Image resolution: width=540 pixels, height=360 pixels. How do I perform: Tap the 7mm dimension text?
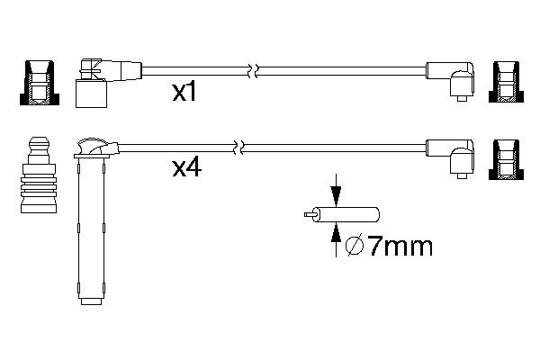point(391,245)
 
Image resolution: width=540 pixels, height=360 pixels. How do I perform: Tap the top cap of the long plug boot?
point(93,146)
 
